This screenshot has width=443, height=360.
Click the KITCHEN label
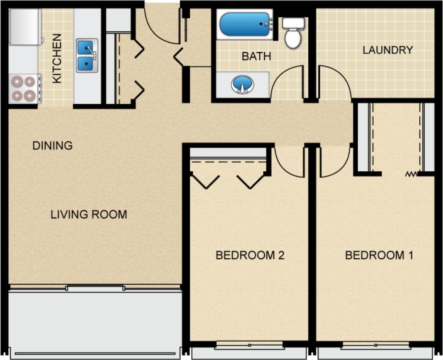pos(57,58)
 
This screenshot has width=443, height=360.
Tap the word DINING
pos(52,146)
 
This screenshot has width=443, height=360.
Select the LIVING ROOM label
pos(89,214)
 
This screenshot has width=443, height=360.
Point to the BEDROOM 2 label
pos(250,255)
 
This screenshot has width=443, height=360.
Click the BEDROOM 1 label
pos(379,255)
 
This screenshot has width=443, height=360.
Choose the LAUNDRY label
pos(387,50)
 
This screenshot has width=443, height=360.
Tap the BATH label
pos(256,56)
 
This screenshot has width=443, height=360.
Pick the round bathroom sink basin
pos(242,85)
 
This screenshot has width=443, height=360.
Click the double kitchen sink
pos(87,55)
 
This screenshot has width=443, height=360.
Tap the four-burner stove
pos(24,89)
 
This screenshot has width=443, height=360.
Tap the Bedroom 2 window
pos(250,345)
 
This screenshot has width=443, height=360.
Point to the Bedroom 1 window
pos(375,345)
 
